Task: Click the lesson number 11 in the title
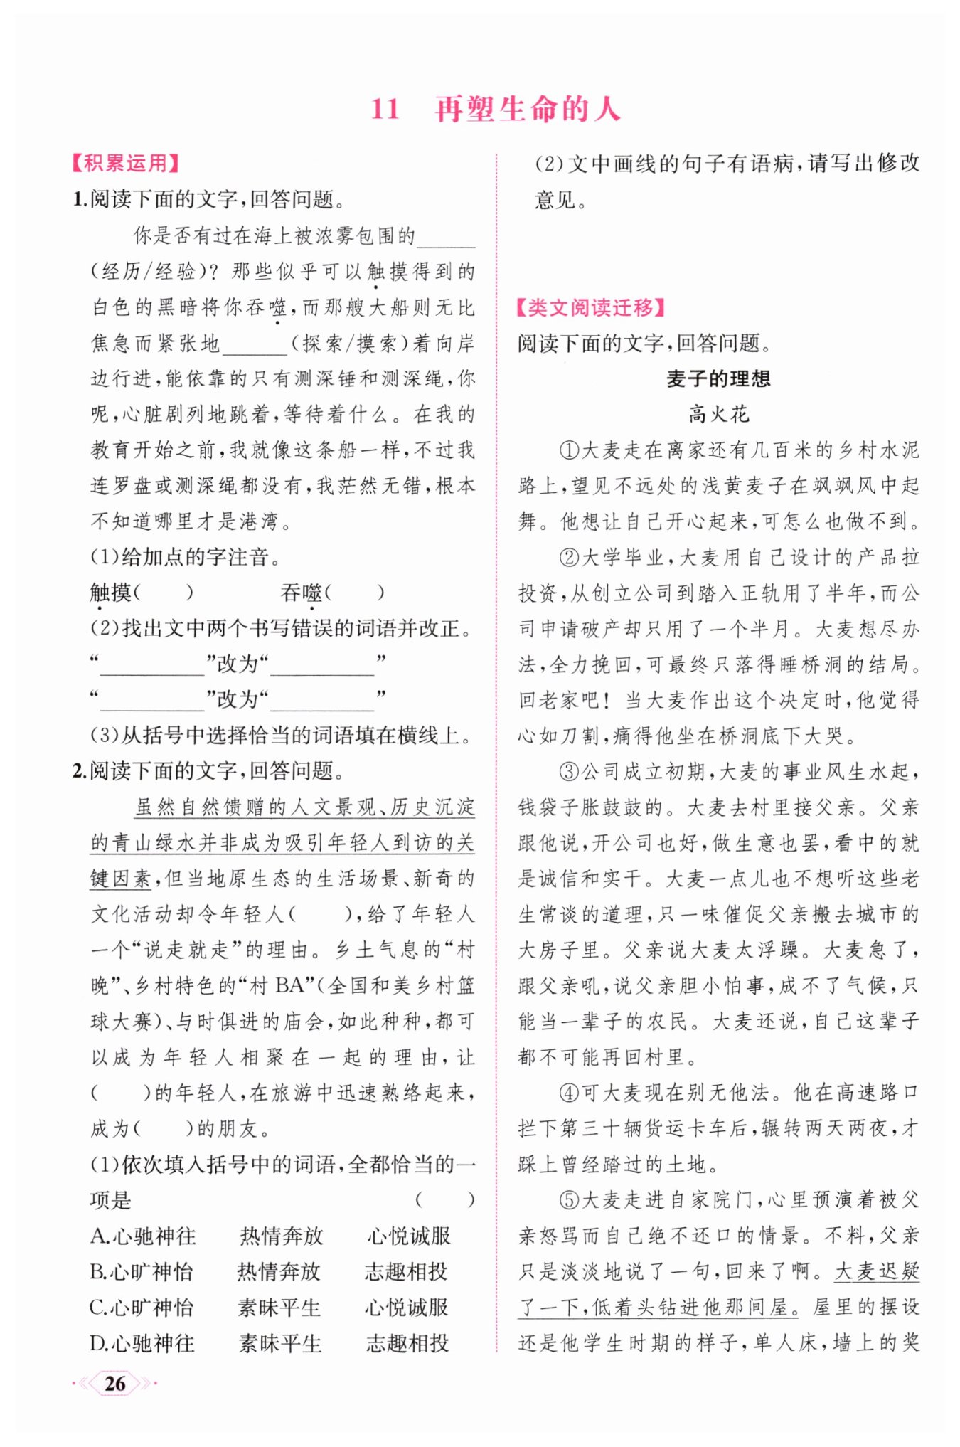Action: point(385,109)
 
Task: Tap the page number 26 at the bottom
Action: point(114,1383)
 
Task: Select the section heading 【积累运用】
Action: point(125,163)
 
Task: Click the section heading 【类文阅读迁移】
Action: point(590,307)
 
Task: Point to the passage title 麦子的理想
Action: point(718,378)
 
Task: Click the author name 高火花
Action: point(718,414)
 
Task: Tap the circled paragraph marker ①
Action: point(570,450)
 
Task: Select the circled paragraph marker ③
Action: point(570,771)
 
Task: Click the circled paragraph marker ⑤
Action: point(570,1200)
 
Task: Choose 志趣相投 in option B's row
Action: point(406,1272)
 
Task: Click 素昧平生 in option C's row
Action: point(279,1308)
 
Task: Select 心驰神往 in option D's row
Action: point(153,1343)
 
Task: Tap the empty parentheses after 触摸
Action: point(164,592)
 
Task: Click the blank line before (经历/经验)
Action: point(447,238)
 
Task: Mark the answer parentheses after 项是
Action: point(445,1200)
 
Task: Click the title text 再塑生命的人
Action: point(528,109)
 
